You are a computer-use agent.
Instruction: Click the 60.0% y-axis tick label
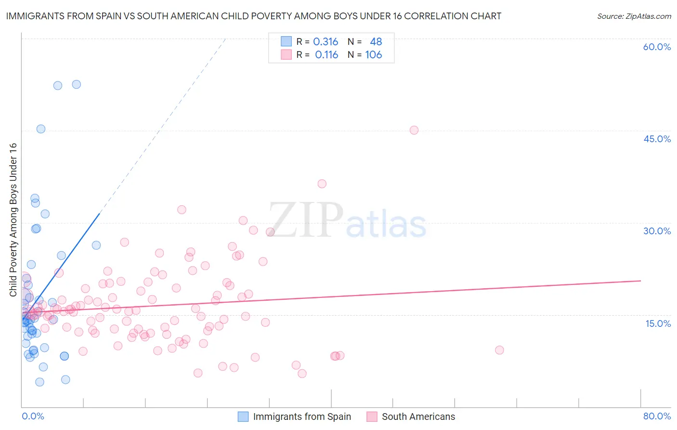[657, 47]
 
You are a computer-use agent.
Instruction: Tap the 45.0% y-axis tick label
[657, 139]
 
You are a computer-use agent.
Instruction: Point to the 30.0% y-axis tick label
[657, 231]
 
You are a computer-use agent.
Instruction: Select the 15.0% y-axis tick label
[658, 323]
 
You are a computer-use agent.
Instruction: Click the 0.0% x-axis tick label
[33, 416]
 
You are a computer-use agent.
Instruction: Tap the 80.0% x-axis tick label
[657, 416]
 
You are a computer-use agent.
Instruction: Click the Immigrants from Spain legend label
[302, 417]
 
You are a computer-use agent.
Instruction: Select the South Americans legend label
[418, 417]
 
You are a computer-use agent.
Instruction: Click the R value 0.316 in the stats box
[325, 42]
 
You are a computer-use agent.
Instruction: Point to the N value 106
[374, 55]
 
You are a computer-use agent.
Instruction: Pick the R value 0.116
[326, 55]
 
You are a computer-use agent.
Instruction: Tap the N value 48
[376, 42]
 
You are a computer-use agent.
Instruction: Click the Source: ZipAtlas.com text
[634, 16]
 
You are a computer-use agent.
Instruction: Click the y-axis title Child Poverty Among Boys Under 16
[13, 220]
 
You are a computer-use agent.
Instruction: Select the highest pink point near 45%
[414, 130]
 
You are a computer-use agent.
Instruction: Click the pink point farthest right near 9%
[499, 350]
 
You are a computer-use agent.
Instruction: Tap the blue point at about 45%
[41, 129]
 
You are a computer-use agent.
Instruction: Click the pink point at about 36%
[322, 184]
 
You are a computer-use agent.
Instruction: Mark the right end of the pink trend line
[640, 281]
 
